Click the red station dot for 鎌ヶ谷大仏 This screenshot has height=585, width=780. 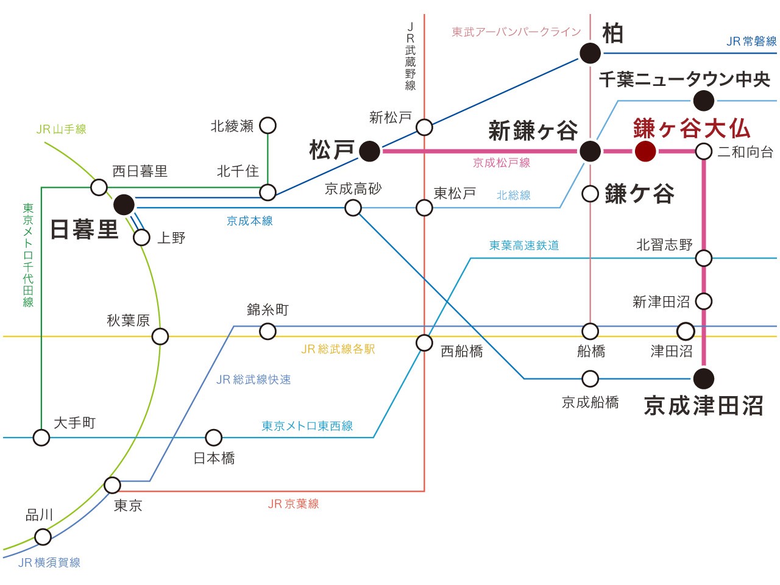(x=645, y=151)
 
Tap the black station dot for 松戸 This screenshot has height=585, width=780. (x=369, y=151)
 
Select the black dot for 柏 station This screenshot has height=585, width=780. (x=590, y=53)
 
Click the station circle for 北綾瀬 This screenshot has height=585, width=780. (x=268, y=126)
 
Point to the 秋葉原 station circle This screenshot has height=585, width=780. (x=160, y=336)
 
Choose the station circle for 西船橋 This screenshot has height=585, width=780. (x=424, y=342)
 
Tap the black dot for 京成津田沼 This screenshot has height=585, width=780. (x=704, y=378)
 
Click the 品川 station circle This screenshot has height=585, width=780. (x=43, y=537)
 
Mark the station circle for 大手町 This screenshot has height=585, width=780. (x=41, y=438)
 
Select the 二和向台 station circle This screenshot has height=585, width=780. (x=704, y=151)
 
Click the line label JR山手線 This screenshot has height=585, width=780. (x=61, y=129)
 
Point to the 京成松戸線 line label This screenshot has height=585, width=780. (x=502, y=163)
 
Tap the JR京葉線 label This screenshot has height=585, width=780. (x=293, y=504)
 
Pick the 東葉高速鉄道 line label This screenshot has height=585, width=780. (x=524, y=245)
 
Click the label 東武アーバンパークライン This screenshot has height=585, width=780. (x=516, y=32)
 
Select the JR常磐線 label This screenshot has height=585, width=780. (x=751, y=41)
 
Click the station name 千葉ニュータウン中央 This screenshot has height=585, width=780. (x=684, y=79)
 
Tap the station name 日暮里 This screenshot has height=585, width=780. (x=84, y=230)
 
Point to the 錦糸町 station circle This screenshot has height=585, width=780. (x=268, y=331)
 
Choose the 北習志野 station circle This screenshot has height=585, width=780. (x=704, y=258)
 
